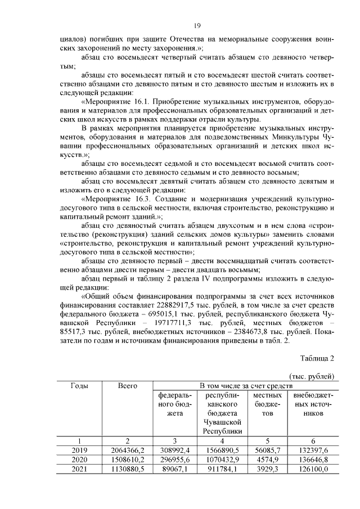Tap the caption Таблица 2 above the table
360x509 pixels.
pyautogui.click(x=317, y=358)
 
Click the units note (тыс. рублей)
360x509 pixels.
pyautogui.click(x=312, y=376)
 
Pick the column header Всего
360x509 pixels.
pyautogui.click(x=128, y=385)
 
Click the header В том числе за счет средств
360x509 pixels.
pyautogui.click(x=245, y=385)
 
